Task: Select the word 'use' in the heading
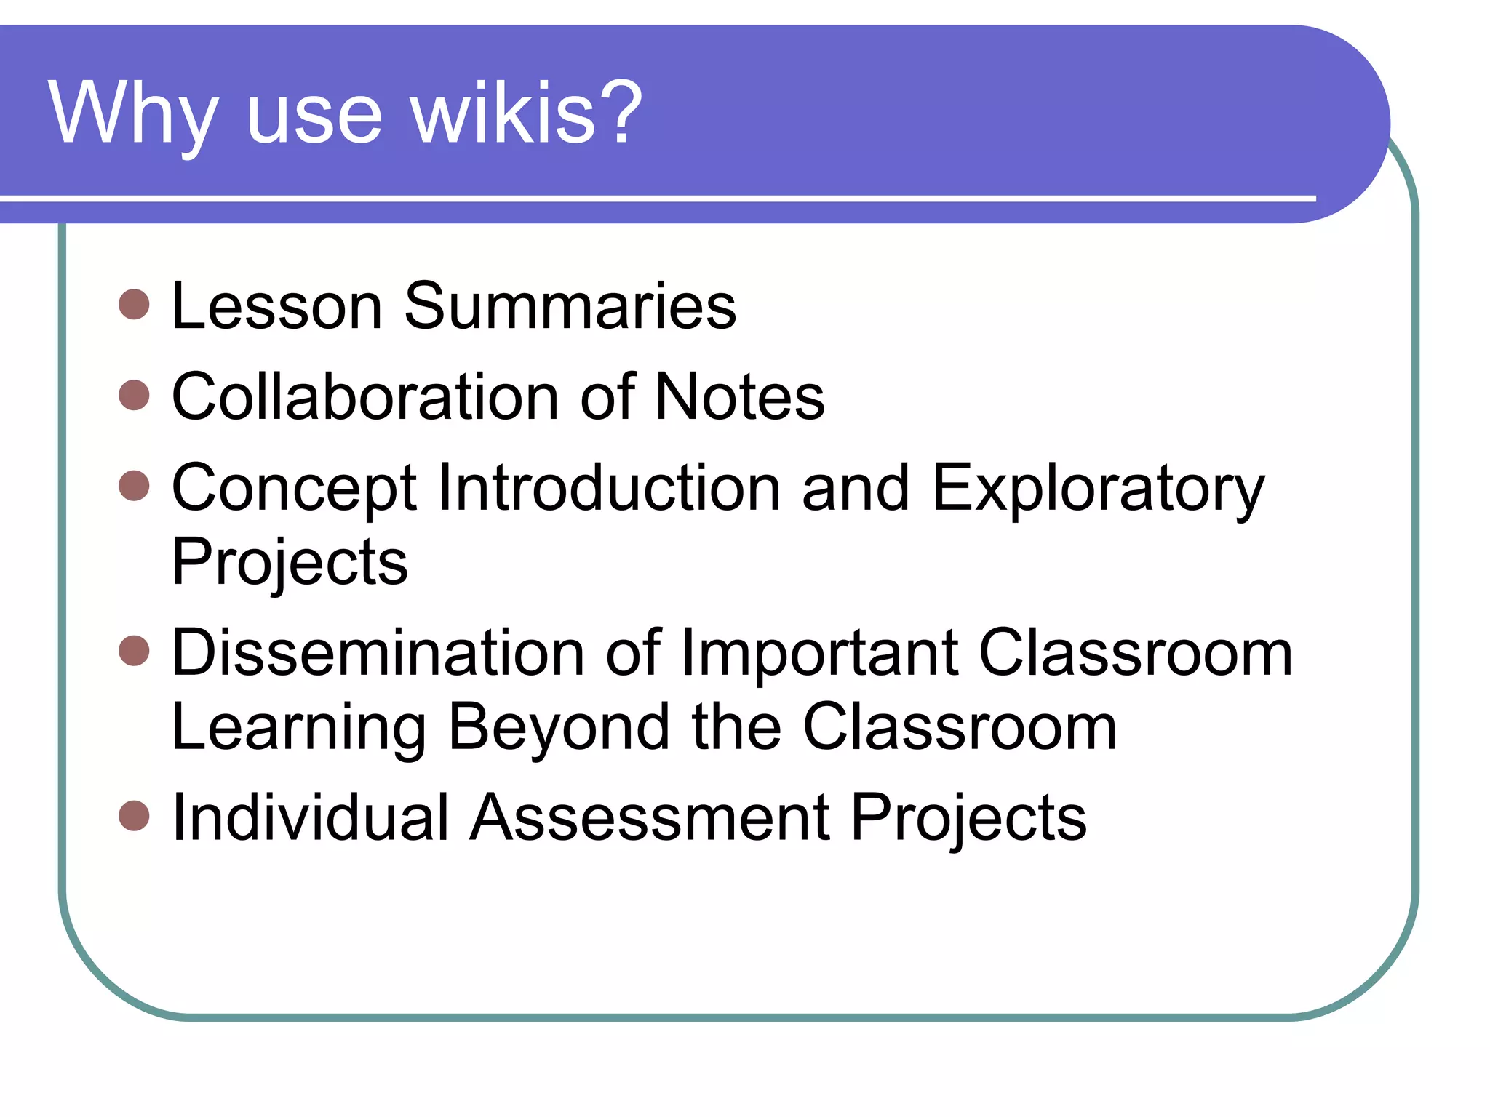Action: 314,116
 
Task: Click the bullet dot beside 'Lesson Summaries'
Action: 134,304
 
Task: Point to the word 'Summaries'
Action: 570,306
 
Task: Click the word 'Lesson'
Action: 276,306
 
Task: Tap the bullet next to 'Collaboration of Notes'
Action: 134,395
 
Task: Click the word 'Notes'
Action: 740,397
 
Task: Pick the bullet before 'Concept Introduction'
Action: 134,486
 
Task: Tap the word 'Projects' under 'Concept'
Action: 290,563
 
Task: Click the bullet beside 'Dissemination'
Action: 134,650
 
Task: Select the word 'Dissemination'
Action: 378,652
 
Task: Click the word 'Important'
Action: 819,652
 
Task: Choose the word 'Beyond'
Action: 558,727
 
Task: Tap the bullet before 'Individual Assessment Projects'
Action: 134,815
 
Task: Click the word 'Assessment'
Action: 650,817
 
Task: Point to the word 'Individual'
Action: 311,817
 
